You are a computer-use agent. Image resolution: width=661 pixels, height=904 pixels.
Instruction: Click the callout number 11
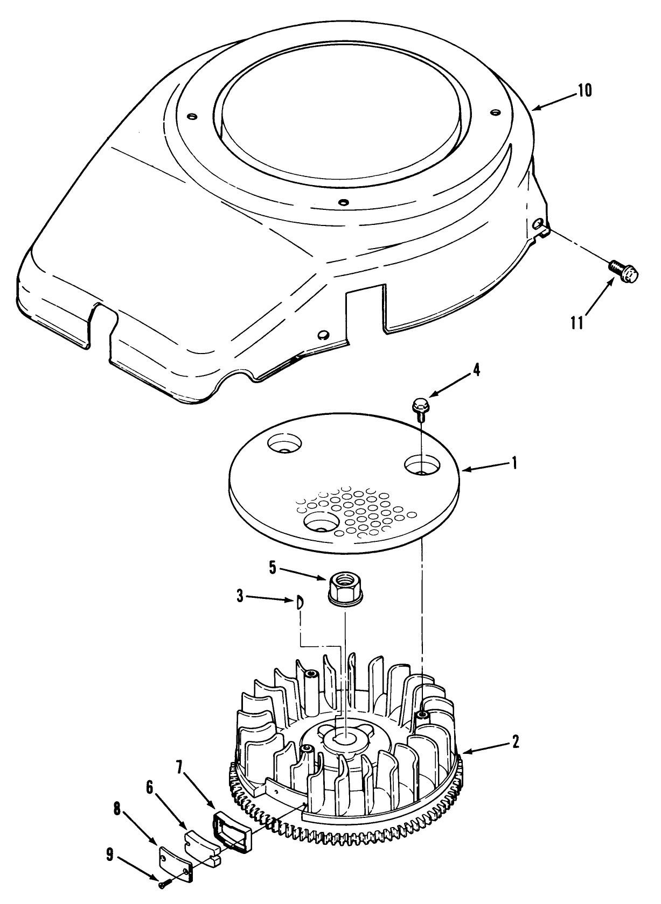tap(577, 324)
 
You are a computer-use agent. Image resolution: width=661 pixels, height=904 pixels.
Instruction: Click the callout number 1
tap(514, 463)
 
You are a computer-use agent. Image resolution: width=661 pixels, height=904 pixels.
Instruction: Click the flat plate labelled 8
tap(175, 865)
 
